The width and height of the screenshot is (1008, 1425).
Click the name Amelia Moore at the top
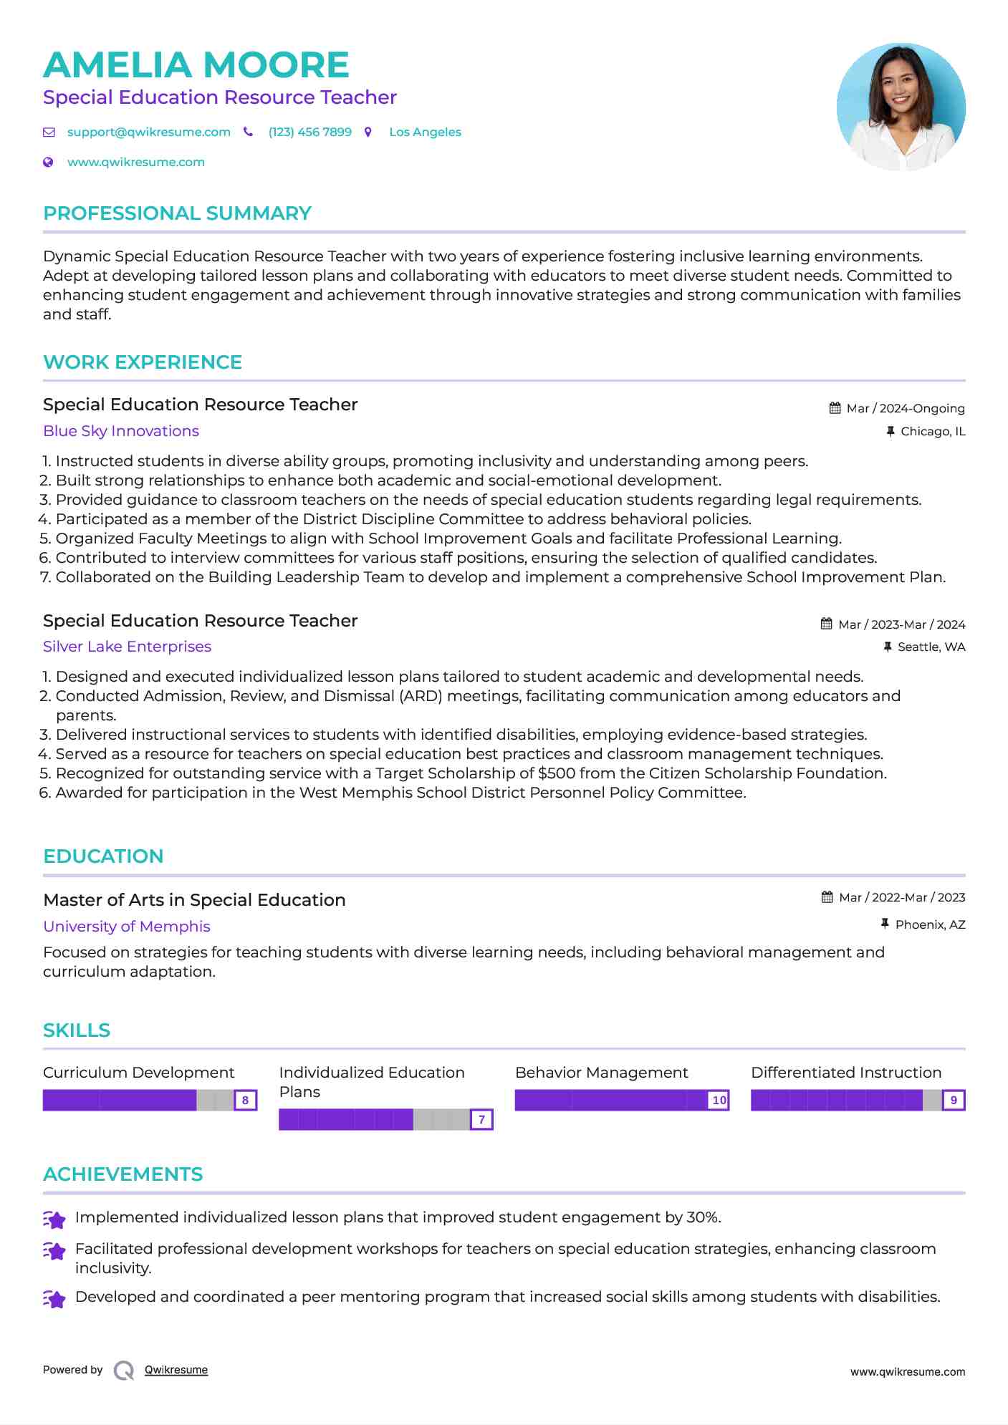(196, 65)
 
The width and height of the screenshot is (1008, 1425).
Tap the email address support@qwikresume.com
(148, 132)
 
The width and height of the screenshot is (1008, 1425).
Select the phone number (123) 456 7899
(309, 132)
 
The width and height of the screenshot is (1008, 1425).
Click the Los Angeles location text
(425, 132)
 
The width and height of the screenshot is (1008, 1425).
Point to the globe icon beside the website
(48, 162)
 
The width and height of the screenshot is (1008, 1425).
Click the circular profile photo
(901, 107)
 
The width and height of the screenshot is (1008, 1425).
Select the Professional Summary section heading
(177, 213)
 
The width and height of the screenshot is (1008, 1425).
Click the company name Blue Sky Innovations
(121, 431)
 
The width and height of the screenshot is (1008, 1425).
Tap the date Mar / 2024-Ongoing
(905, 408)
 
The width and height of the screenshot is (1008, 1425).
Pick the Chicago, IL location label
(933, 431)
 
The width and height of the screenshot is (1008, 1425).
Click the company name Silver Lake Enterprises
(127, 647)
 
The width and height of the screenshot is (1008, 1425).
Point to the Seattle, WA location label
(931, 647)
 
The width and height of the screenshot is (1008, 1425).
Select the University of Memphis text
(127, 927)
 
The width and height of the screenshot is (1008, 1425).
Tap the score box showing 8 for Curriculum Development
(245, 1100)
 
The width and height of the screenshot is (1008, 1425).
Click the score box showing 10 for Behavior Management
(719, 1100)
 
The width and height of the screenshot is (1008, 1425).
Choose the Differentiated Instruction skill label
(846, 1073)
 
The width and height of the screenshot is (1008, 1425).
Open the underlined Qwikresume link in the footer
(176, 1370)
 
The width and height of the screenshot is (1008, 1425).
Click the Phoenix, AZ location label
(930, 924)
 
